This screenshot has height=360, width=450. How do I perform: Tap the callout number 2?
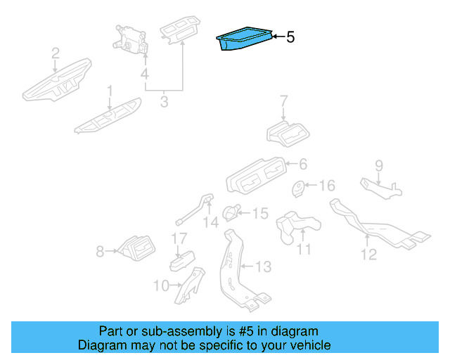pyautogui.click(x=55, y=53)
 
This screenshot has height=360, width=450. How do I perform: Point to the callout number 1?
pyautogui.click(x=110, y=91)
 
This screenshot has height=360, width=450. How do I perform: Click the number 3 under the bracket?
pyautogui.click(x=164, y=103)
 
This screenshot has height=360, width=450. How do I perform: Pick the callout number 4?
pyautogui.click(x=144, y=74)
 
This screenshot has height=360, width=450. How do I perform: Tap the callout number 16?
pyautogui.click(x=327, y=186)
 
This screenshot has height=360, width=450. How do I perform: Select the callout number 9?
pyautogui.click(x=378, y=166)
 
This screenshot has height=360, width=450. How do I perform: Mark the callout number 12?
pyautogui.click(x=369, y=254)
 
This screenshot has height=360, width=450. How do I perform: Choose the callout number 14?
pyautogui.click(x=211, y=222)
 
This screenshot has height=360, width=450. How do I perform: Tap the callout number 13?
pyautogui.click(x=262, y=266)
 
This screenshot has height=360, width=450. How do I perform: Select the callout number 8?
pyautogui.click(x=100, y=250)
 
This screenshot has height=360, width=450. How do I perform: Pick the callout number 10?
pyautogui.click(x=160, y=285)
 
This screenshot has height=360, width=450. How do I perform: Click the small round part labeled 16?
pyautogui.click(x=298, y=188)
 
